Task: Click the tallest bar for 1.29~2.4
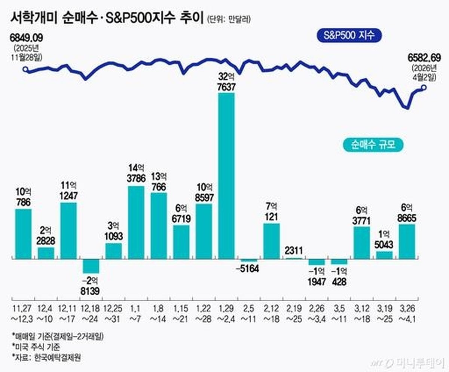point(226,176)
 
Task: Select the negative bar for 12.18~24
point(91,266)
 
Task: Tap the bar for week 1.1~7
point(136,222)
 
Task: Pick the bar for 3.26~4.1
point(407,241)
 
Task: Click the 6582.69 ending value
point(425,57)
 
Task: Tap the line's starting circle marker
point(25,69)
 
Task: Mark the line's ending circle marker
point(424,88)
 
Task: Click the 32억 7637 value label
point(226,82)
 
